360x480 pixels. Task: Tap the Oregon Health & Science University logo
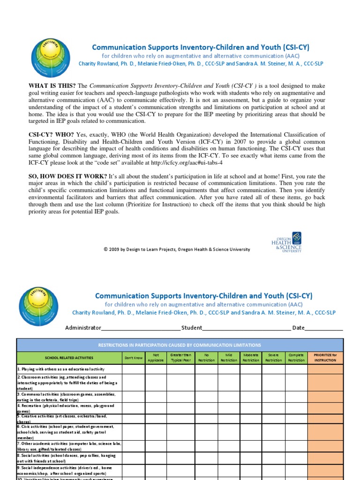coord(286,242)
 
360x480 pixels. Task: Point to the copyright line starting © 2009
coord(177,249)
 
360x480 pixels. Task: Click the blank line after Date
coord(324,328)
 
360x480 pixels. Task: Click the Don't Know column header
coord(133,358)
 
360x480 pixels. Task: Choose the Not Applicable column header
coord(156,358)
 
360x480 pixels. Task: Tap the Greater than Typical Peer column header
coord(180,358)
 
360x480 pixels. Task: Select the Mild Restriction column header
coord(229,358)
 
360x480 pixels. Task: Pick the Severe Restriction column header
coord(273,358)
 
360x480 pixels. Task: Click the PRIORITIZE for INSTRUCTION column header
coord(325,358)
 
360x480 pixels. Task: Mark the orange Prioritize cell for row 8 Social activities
coord(325,457)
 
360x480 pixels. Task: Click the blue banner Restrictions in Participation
coord(180,345)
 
